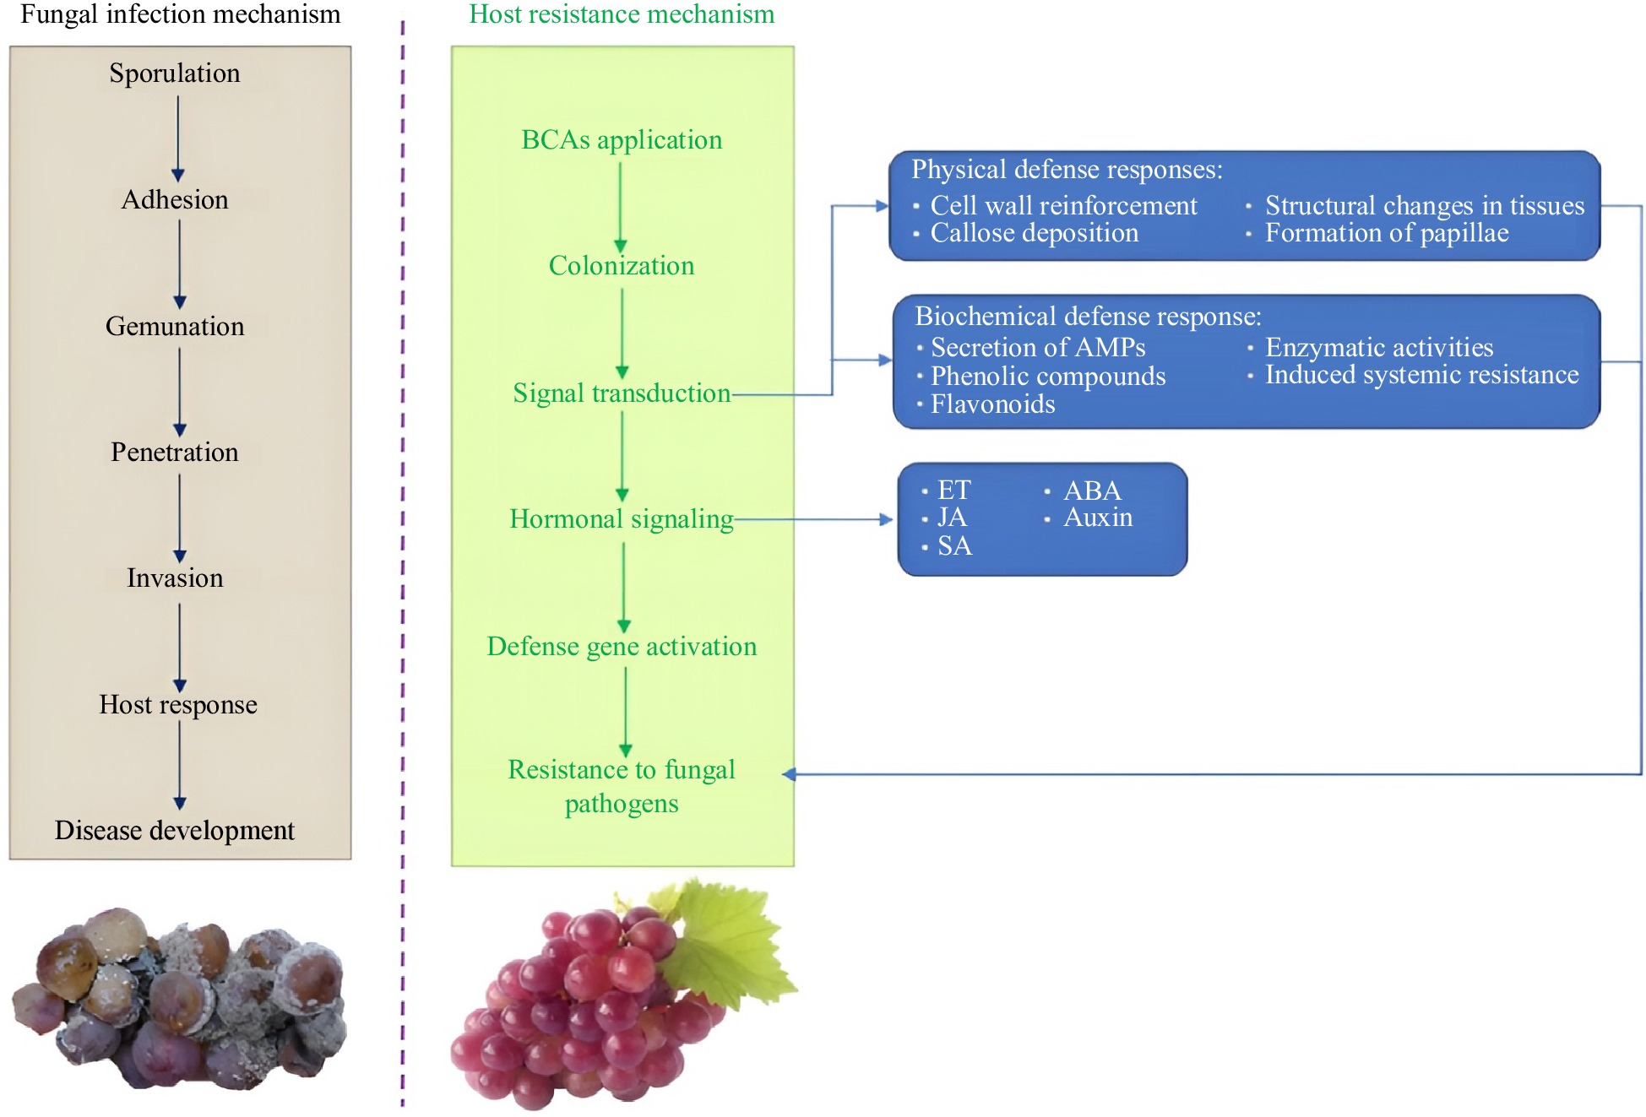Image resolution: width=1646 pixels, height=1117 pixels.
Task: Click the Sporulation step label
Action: click(175, 73)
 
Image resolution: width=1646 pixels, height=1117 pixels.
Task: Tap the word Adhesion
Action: click(175, 200)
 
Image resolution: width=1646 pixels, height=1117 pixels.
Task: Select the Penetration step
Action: click(175, 453)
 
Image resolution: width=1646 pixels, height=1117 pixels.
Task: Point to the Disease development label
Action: click(175, 831)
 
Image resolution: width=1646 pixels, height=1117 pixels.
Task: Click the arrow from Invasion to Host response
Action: click(179, 646)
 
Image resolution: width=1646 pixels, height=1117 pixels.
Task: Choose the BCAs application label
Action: click(622, 140)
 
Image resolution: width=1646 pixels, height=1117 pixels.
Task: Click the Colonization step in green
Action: click(622, 266)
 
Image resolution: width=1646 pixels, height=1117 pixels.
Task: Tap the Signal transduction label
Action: click(622, 393)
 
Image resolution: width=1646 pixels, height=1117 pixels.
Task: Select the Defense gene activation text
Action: click(622, 647)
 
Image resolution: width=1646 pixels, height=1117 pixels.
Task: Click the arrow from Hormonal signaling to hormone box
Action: click(811, 519)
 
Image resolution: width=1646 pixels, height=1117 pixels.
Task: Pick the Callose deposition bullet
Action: click(1034, 233)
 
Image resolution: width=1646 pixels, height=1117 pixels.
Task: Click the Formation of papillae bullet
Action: click(1386, 233)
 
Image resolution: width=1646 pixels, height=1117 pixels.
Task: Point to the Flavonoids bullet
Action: click(992, 404)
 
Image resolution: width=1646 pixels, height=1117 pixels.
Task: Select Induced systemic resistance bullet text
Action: click(1421, 375)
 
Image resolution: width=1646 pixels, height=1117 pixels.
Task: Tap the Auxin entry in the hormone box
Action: click(1097, 518)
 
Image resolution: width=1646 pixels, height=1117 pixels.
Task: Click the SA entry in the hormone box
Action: click(954, 546)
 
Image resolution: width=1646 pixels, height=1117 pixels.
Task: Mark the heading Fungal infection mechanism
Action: click(180, 14)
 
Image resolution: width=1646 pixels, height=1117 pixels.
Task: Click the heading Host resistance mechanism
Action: click(622, 14)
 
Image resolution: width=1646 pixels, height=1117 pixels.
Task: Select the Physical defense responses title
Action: click(1067, 170)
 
